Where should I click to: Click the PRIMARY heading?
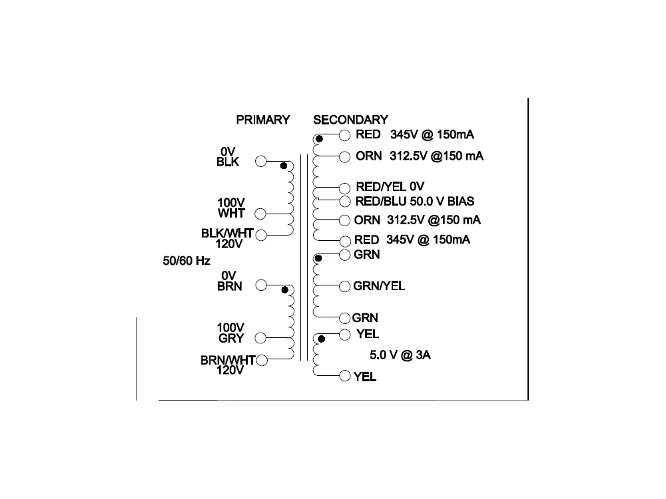pyautogui.click(x=263, y=120)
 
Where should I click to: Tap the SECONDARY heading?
pyautogui.click(x=350, y=120)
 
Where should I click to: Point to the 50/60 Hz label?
pyautogui.click(x=186, y=261)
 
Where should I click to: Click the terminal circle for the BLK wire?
pyautogui.click(x=261, y=161)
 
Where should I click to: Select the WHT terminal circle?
pyautogui.click(x=261, y=214)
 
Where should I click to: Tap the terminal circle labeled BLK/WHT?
pyautogui.click(x=261, y=234)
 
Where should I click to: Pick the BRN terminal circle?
pyautogui.click(x=261, y=285)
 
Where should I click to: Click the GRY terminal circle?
pyautogui.click(x=261, y=337)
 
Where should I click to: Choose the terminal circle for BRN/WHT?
pyautogui.click(x=261, y=360)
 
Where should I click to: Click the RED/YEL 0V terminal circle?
pyautogui.click(x=345, y=188)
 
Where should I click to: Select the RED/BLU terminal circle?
pyautogui.click(x=345, y=201)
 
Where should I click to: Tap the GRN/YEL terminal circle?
pyautogui.click(x=345, y=286)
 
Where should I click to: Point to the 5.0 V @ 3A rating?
pyautogui.click(x=400, y=355)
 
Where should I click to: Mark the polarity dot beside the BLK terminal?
pyautogui.click(x=284, y=165)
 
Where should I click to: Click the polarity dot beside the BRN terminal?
pyautogui.click(x=285, y=289)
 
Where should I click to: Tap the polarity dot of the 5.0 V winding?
pyautogui.click(x=321, y=339)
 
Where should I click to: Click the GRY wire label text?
pyautogui.click(x=231, y=338)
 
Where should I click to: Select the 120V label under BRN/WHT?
pyautogui.click(x=230, y=371)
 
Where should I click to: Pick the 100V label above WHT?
pyautogui.click(x=231, y=202)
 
